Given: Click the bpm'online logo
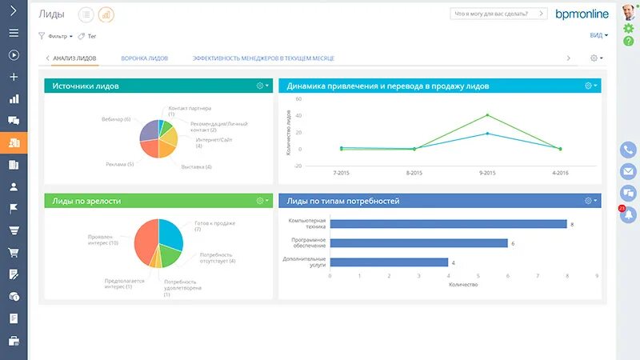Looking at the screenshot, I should pos(582,14).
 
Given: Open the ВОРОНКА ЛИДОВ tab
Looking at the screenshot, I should pos(144,58).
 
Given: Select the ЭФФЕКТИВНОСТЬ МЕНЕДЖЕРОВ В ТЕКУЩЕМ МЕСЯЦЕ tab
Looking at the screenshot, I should pos(263,58).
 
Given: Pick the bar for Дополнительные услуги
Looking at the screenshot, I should pos(388,262).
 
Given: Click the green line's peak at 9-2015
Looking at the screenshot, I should pos(487,114).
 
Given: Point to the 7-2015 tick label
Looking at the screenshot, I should pos(341,173).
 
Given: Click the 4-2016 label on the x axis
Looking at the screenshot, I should pos(560,173).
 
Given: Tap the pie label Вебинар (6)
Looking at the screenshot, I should pos(116,119).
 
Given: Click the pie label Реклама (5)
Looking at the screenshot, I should pos(119,164).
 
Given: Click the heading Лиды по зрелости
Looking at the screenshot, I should pos(86,201).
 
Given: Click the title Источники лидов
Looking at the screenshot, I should pos(86,86).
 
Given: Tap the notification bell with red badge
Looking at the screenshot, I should pos(628,214).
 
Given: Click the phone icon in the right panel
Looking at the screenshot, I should pos(628,150).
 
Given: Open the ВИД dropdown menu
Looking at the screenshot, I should pos(598,36).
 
